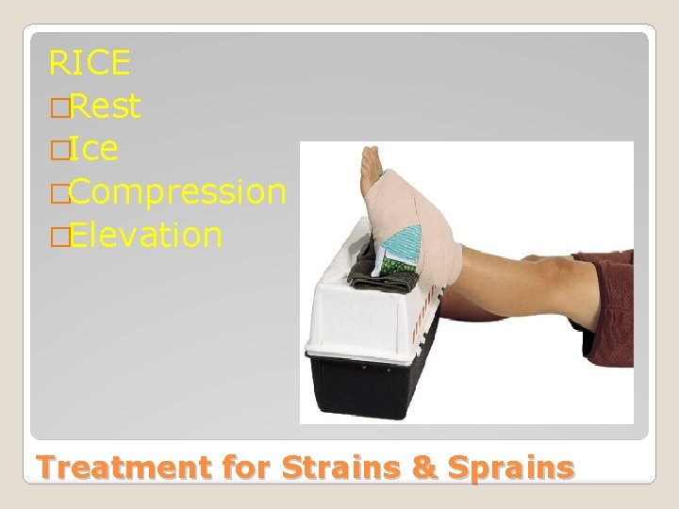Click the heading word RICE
click(x=90, y=63)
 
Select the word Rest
click(x=105, y=107)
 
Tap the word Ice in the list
click(x=93, y=149)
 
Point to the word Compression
click(x=177, y=192)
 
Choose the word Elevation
click(x=145, y=235)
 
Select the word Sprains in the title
click(x=509, y=468)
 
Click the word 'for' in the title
click(x=249, y=468)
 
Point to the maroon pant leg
click(x=608, y=302)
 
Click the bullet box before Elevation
click(x=59, y=236)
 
